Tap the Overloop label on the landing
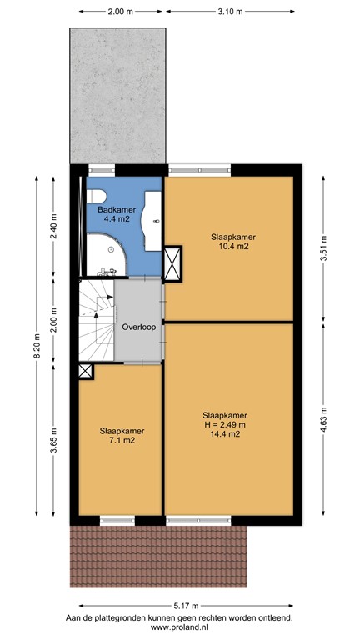point(138,327)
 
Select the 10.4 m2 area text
point(232,247)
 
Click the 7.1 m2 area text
point(122,441)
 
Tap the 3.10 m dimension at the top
point(229,12)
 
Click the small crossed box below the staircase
point(86,372)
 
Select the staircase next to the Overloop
point(96,321)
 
